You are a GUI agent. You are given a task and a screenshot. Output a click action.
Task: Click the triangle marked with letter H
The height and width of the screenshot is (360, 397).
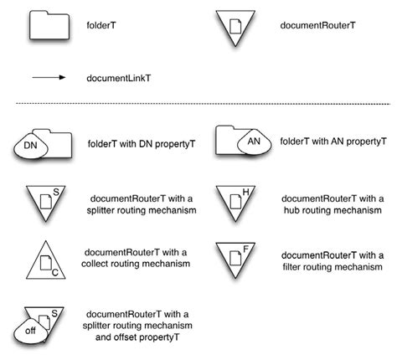[x=235, y=202]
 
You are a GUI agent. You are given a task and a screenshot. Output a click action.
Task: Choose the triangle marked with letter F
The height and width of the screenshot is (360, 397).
[x=235, y=259]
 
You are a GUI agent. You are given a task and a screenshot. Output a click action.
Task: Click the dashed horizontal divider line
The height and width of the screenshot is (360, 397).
[x=198, y=105]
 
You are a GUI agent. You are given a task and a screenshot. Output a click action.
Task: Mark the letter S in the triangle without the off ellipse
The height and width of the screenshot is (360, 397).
[x=55, y=193]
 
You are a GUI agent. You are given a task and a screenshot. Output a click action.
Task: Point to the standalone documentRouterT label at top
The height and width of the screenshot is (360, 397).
[x=318, y=26]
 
